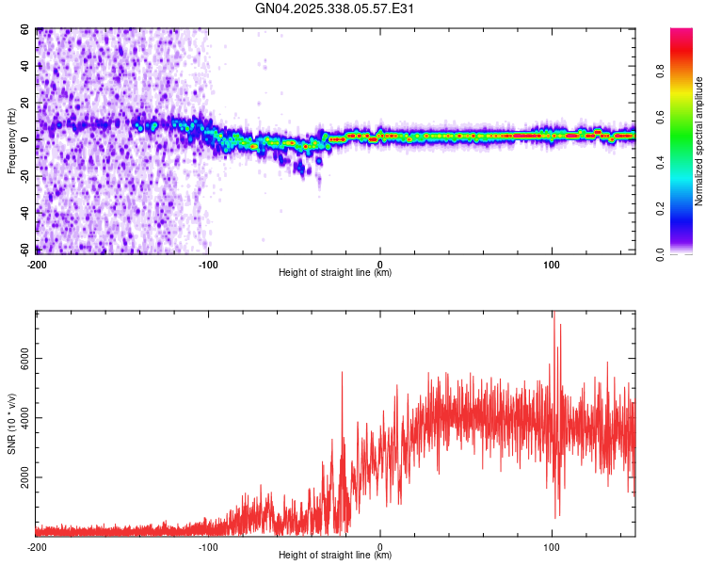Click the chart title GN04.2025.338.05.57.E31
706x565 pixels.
click(x=335, y=8)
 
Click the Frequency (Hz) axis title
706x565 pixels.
click(x=12, y=141)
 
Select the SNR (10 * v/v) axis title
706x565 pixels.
click(x=12, y=424)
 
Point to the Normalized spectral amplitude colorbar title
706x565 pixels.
click(x=699, y=141)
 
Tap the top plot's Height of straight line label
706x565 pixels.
click(x=335, y=272)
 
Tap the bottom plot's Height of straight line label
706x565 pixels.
click(x=335, y=555)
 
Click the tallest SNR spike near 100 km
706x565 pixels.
click(x=554, y=315)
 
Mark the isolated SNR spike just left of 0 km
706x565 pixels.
click(x=342, y=373)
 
